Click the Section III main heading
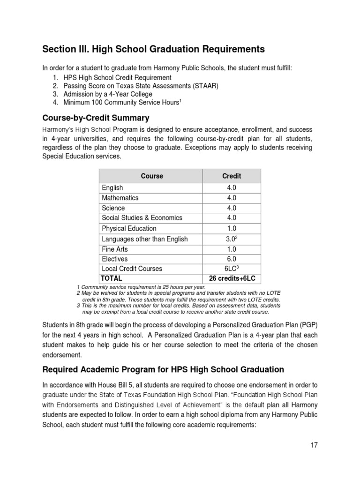tap(154, 49)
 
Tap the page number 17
tap(313, 445)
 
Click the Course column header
tap(152, 176)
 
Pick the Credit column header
tap(231, 176)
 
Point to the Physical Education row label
tap(129, 228)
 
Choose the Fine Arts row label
tap(115, 249)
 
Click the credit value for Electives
tap(231, 259)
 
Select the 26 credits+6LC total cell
tap(231, 278)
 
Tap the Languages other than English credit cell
tap(231, 239)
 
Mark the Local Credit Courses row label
tap(132, 269)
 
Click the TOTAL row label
tap(112, 278)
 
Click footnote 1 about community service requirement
tap(141, 287)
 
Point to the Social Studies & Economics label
tap(142, 218)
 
